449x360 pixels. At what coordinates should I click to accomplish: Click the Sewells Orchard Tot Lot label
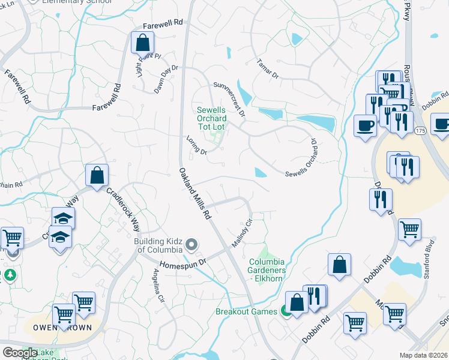tap(212, 118)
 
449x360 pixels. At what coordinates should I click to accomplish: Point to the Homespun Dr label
tap(182, 263)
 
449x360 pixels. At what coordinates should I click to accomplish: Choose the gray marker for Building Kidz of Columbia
tap(191, 244)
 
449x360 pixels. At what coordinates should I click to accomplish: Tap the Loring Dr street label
tap(196, 145)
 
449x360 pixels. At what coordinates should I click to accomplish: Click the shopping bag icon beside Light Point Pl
tap(142, 43)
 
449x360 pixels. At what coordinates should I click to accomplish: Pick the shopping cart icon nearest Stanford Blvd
tap(409, 229)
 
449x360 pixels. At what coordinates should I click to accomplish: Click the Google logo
tap(20, 353)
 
